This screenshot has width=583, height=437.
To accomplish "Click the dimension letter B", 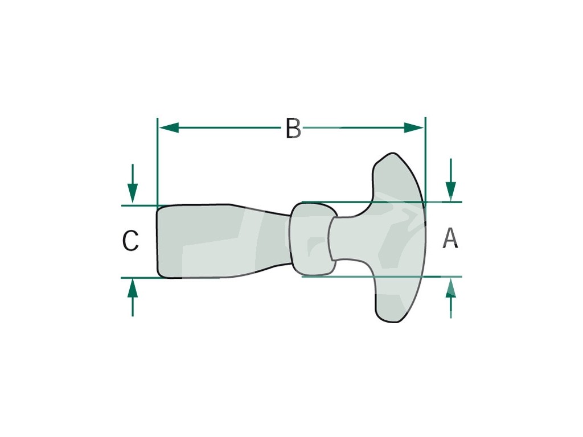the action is (293, 128).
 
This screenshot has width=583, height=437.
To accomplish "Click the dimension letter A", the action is (450, 238).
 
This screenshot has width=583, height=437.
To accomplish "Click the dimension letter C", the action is (130, 240).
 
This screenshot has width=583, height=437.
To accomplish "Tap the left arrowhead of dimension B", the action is (169, 128).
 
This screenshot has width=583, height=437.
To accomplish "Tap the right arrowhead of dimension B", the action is (414, 128).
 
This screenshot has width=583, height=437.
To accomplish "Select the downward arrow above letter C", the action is (133, 184).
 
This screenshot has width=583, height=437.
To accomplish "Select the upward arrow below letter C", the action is (133, 298).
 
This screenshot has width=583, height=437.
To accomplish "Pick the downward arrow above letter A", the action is (451, 180).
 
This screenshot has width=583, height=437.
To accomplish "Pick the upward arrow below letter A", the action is (451, 298).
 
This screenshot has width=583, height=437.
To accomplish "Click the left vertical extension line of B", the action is (157, 162).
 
